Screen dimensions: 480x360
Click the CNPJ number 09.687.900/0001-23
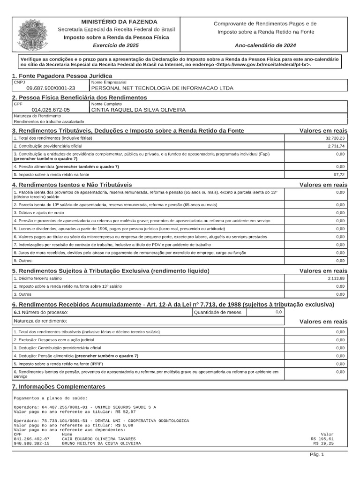(51, 88)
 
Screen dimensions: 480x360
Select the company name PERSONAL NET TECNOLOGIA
(162, 88)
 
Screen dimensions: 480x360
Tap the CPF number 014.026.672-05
(51, 110)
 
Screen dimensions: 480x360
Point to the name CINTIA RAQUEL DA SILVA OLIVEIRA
(138, 110)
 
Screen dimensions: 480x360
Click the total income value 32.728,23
(335, 138)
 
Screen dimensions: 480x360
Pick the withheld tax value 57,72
(339, 174)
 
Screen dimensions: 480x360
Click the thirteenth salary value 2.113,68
(336, 278)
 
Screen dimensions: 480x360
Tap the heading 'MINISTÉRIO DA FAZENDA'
(119, 22)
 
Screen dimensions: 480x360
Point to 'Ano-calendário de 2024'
(265, 45)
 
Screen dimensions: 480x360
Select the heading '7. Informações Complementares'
(59, 386)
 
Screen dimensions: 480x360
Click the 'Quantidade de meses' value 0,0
(278, 312)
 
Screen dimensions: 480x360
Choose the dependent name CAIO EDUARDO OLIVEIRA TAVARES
(101, 439)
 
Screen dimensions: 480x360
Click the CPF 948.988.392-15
(31, 443)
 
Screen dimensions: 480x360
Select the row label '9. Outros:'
(22, 260)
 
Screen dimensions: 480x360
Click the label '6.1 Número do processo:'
(41, 312)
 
